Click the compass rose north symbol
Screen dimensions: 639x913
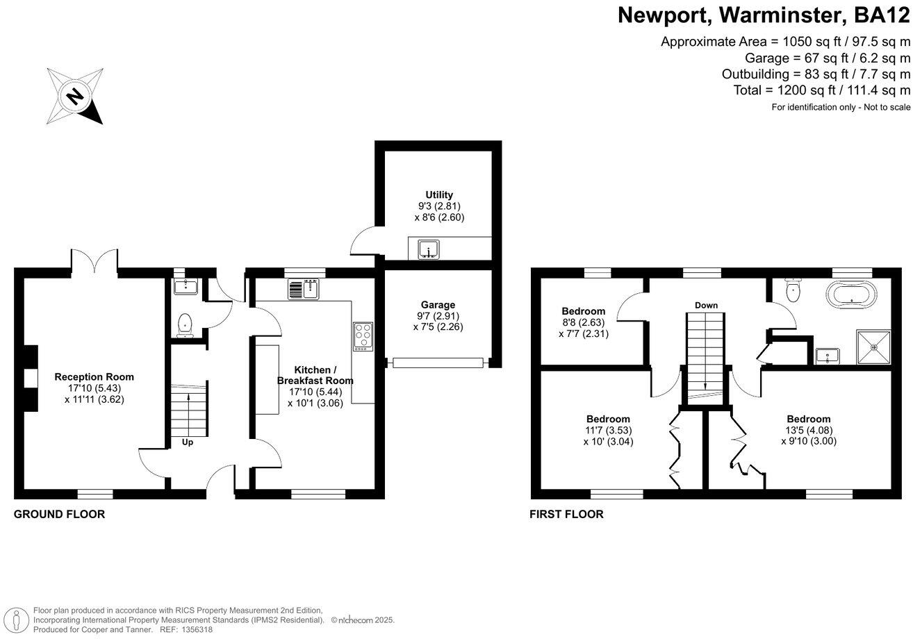pyautogui.click(x=74, y=95)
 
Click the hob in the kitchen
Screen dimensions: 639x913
pyautogui.click(x=363, y=337)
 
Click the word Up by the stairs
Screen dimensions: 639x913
pyautogui.click(x=188, y=442)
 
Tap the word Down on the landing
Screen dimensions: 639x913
pyautogui.click(x=706, y=306)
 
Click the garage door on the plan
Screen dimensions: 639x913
pyautogui.click(x=437, y=362)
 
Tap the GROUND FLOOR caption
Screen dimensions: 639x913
pyautogui.click(x=60, y=515)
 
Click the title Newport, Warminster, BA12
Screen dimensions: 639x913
pyautogui.click(x=764, y=15)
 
